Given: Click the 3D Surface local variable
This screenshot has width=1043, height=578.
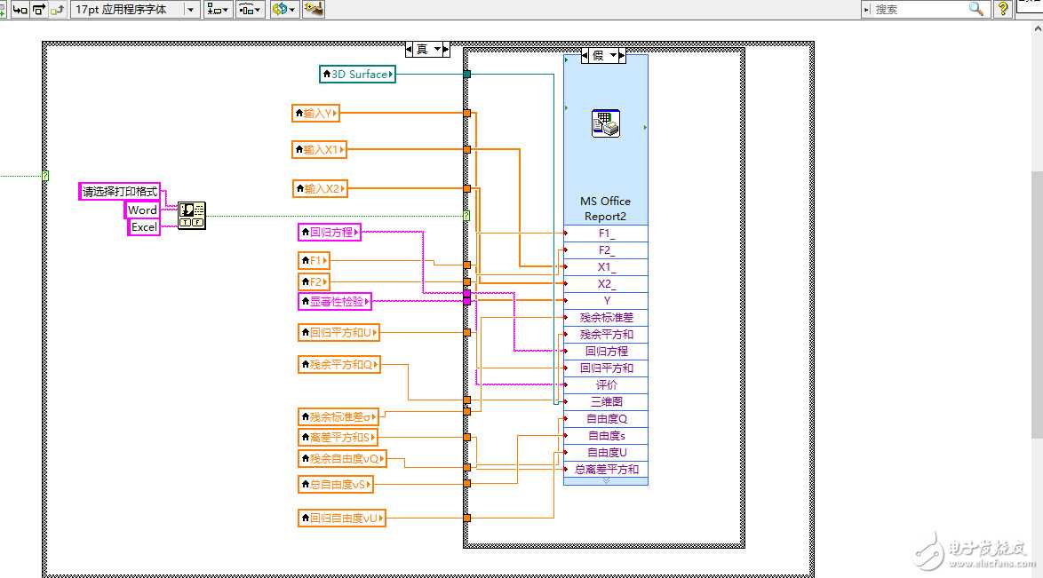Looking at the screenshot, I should click(357, 75).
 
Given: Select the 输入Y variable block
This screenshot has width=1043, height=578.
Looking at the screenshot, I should click(316, 113).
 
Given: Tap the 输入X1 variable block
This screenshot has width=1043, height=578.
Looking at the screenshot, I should click(319, 150).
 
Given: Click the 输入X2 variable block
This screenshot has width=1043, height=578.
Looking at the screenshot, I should click(319, 188).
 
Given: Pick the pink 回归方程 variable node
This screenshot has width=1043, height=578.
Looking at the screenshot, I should click(329, 233).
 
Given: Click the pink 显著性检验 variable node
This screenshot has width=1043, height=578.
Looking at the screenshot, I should click(334, 301).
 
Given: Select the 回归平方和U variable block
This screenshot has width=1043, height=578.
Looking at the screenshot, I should click(338, 333).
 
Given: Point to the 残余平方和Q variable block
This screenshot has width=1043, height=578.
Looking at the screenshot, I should click(338, 364).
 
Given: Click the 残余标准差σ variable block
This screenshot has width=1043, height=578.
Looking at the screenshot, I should click(338, 416).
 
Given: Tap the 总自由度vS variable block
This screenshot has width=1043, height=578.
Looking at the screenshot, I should click(335, 484).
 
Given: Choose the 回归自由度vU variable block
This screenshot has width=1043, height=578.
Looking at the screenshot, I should click(341, 518).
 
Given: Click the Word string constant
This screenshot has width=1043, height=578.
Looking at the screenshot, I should click(142, 210).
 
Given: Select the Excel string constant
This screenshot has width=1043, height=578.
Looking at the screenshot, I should click(144, 227).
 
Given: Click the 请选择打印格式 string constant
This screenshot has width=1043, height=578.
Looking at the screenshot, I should click(120, 192).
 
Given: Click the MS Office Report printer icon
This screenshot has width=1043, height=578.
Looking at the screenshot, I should click(605, 123).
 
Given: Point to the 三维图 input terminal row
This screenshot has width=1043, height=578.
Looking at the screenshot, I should click(606, 402).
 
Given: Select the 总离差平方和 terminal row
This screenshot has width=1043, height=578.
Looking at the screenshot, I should click(606, 470).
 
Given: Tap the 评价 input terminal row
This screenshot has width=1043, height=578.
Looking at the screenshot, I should click(606, 385).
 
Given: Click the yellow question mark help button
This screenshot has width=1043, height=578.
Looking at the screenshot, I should click(1003, 9).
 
